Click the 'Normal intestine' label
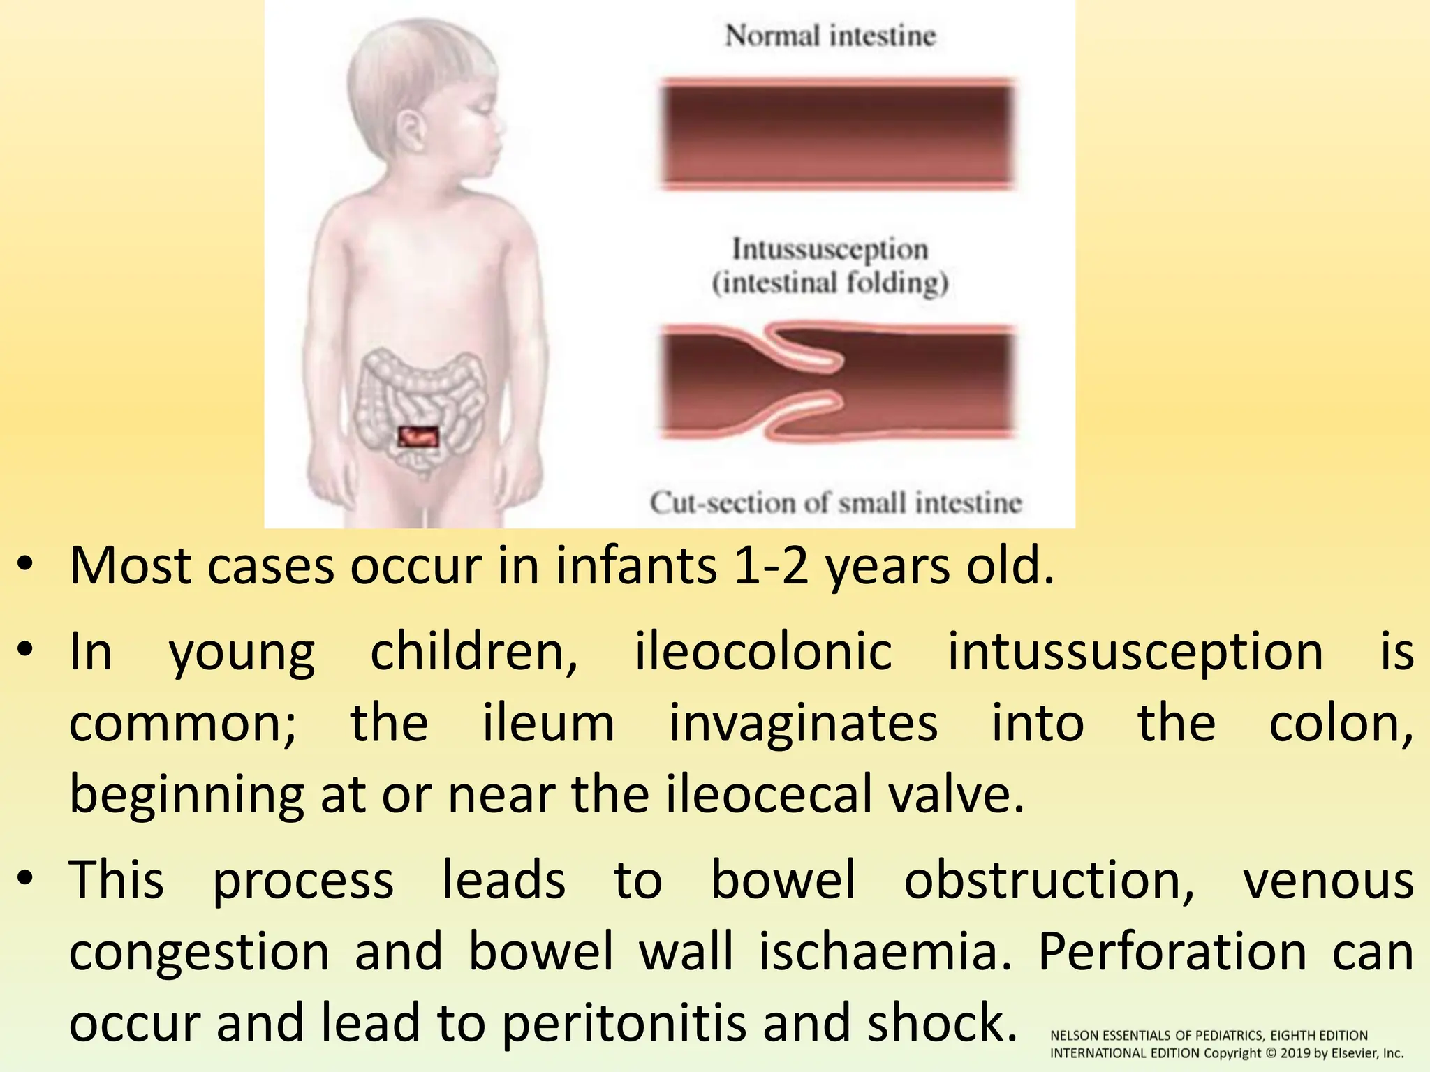point(830,36)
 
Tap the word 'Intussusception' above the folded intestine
point(830,249)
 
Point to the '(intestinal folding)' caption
point(830,283)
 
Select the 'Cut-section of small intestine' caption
point(835,502)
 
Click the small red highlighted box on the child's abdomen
point(418,437)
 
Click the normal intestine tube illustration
point(836,134)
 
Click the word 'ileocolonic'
point(763,653)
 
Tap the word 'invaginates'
point(803,723)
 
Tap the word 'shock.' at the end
point(942,1022)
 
